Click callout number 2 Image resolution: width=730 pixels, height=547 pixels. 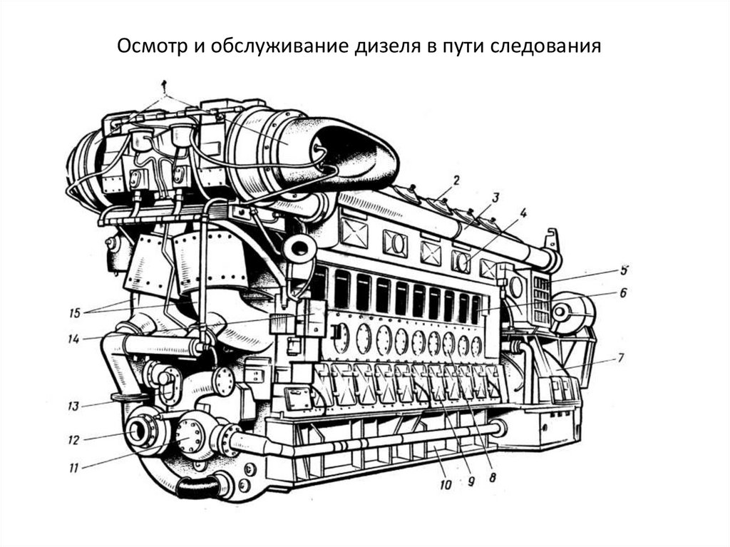tap(456, 180)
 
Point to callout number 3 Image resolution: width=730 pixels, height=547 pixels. tap(495, 198)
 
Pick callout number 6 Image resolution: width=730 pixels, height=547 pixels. tap(623, 292)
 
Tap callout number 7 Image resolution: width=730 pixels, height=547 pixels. tap(621, 358)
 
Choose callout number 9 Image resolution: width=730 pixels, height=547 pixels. tap(471, 481)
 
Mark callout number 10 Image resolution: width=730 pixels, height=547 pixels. tap(446, 484)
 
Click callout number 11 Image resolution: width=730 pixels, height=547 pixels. tap(73, 467)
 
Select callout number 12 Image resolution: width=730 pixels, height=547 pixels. tap(73, 440)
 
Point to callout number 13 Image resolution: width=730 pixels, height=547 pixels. tap(73, 407)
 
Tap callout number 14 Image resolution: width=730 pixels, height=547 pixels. tap(74, 339)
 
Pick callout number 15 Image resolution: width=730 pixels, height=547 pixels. tap(74, 312)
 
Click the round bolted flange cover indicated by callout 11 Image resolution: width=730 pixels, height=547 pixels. tap(189, 436)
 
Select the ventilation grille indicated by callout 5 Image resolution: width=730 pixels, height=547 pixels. tap(542, 300)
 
